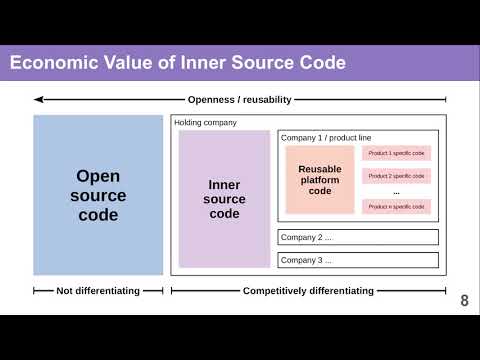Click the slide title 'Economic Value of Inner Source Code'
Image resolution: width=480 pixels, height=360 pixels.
pos(178,64)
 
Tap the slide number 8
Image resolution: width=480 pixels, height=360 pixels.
pos(464,301)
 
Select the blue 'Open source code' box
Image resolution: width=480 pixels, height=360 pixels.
pos(98,195)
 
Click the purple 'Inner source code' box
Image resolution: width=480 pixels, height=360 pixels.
pos(224,199)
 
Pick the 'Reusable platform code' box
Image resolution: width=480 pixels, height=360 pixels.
pos(320,180)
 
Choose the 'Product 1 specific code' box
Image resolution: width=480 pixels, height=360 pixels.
pos(396,153)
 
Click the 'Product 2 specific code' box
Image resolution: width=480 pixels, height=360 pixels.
pos(396,175)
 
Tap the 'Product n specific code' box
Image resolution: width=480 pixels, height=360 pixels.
pos(396,207)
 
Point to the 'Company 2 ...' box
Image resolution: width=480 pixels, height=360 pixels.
pos(358,237)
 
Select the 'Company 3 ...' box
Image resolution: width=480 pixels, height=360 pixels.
pos(358,260)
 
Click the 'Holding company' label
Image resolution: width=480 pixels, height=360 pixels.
pos(206,123)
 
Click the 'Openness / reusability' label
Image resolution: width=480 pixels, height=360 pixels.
pos(240,99)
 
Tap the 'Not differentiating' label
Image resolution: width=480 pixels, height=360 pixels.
pos(98,291)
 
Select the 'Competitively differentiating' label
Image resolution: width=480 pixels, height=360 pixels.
pos(308,291)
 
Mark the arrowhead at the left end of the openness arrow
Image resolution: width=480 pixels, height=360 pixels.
pos(38,99)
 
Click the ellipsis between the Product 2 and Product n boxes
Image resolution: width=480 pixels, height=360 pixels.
pos(396,191)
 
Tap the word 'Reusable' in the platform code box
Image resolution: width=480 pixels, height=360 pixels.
pos(320,169)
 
